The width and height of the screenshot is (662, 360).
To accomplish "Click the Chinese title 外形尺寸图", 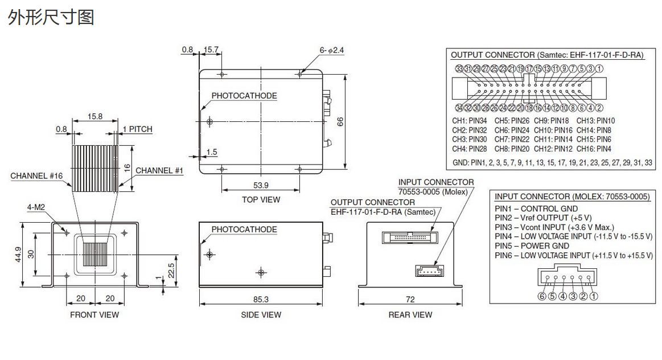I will [51, 17].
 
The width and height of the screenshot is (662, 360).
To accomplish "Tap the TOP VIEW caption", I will [261, 199].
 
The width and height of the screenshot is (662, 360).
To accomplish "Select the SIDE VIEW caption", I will [261, 314].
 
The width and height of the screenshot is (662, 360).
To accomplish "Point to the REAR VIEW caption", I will [410, 314].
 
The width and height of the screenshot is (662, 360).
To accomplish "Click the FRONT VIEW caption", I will [94, 314].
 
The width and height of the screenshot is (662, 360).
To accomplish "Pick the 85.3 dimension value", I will [261, 299].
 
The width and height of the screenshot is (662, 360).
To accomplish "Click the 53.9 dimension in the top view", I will [260, 185].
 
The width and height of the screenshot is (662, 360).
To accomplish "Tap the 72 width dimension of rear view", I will [410, 299].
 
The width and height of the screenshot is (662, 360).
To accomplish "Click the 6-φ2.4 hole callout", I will [332, 50].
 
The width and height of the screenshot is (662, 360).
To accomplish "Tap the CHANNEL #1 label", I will [159, 170].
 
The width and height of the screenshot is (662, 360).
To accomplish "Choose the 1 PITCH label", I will [137, 129].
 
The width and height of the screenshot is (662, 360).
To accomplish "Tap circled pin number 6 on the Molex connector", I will [541, 296].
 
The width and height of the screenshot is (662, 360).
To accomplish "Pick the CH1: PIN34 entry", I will [470, 121].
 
